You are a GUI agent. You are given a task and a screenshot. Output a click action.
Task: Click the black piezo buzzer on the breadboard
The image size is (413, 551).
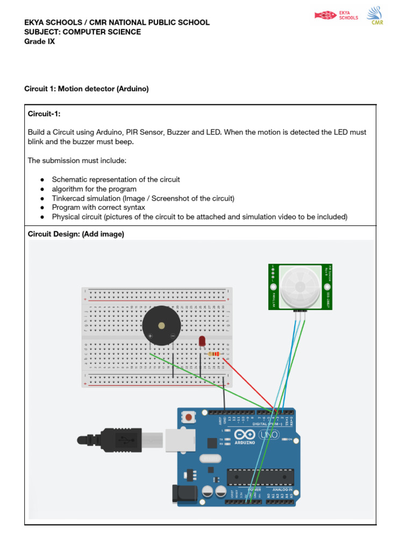click(x=161, y=326)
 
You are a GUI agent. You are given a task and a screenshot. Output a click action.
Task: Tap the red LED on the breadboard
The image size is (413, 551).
click(x=202, y=341)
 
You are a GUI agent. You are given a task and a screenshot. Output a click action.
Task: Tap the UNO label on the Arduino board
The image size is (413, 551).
click(x=268, y=435)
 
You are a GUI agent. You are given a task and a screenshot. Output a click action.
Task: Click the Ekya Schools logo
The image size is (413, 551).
click(x=337, y=15)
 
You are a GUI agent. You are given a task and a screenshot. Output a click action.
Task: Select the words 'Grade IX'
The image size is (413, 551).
click(x=39, y=41)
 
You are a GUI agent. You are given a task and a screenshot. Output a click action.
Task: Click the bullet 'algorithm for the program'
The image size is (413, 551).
click(x=94, y=189)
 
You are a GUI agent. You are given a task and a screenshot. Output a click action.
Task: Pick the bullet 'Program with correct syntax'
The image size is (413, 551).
click(x=98, y=207)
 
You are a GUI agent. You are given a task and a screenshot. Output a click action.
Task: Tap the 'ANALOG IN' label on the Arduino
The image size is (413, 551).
click(x=282, y=490)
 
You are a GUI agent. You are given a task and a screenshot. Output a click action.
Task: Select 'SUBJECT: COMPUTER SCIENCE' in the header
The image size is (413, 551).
click(x=83, y=32)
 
